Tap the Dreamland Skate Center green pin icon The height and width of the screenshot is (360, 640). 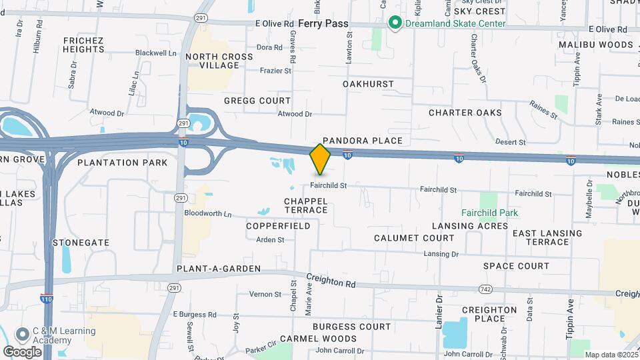click(395, 23)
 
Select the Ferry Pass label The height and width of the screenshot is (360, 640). click(323, 23)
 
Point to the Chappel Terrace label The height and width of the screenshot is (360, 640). click(306, 205)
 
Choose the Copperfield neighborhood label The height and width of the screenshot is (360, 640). click(278, 226)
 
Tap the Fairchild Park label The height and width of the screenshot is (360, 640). click(490, 213)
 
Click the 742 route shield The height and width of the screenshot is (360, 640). click(486, 288)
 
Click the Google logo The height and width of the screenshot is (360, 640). click(22, 351)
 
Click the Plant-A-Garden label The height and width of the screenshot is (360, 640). click(219, 269)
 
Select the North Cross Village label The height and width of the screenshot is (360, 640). click(219, 61)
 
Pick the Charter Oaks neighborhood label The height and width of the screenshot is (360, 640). click(465, 113)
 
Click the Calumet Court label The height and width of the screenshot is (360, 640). click(414, 238)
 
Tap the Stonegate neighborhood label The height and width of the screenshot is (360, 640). click(81, 243)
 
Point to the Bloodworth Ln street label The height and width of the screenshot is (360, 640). click(208, 215)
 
